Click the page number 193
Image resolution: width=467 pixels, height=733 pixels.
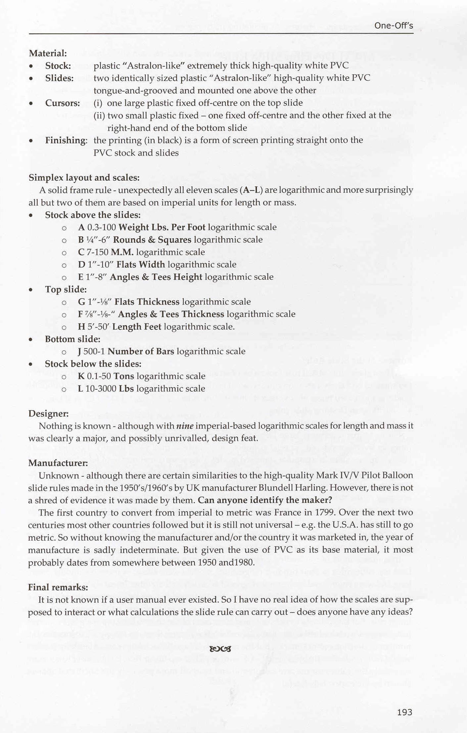404,712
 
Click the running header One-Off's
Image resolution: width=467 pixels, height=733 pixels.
394,25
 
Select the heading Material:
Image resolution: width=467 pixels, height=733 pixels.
48,53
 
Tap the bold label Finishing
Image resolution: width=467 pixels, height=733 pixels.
66,140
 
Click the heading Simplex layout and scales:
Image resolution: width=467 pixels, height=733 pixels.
84,178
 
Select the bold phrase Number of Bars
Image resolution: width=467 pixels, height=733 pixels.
141,351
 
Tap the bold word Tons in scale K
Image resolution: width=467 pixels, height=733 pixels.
123,376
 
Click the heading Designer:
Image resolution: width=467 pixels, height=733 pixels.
48,414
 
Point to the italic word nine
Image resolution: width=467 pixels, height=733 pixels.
185,426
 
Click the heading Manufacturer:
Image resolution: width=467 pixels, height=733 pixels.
58,463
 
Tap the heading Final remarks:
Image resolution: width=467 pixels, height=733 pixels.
58,587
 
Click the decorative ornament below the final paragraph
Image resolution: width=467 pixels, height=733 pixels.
220,649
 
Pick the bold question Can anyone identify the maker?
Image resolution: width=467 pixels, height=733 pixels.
265,500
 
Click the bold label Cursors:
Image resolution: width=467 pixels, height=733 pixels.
63,103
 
